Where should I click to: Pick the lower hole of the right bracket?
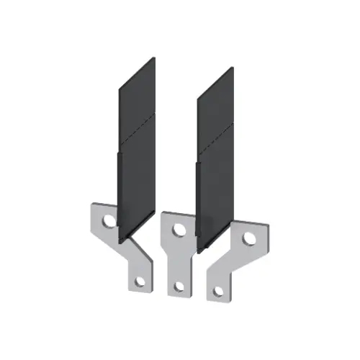tap(217, 291)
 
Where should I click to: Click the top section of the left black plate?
tap(137, 101)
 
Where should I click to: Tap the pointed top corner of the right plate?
tap(232, 68)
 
